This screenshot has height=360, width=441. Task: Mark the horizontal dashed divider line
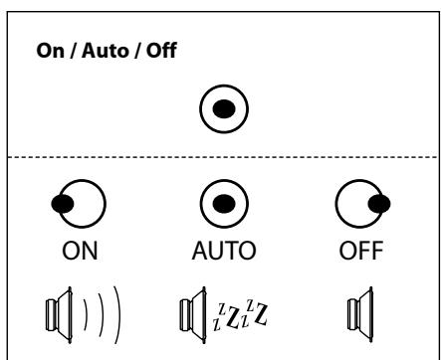coord(221,158)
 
